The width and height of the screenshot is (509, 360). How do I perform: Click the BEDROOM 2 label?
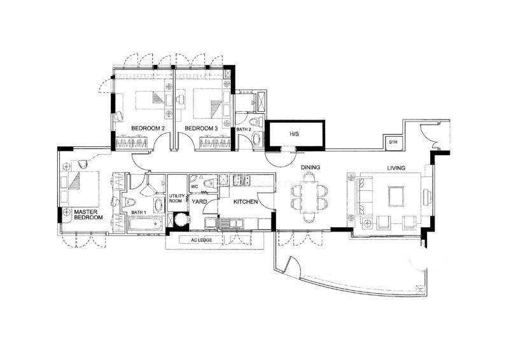point(148,128)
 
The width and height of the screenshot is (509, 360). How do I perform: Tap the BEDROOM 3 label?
point(201,128)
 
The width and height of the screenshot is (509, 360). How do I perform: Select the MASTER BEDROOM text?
point(88,214)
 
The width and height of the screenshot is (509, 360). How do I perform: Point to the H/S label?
point(294,134)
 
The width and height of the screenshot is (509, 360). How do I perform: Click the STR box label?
point(393,142)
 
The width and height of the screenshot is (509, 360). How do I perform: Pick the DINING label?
point(310,167)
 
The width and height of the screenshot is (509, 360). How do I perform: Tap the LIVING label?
point(396,168)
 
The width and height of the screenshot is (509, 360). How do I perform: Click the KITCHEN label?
point(246,202)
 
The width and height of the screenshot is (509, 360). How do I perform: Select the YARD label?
point(199,202)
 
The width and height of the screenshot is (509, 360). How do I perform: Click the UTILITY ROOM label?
point(177,198)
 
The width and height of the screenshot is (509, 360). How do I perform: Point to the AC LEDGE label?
point(202,240)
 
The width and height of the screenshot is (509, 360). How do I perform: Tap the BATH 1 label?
point(139,212)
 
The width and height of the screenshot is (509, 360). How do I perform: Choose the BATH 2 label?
point(244,130)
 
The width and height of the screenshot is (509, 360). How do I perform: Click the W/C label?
point(195,186)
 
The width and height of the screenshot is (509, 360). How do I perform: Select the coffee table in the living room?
point(396,196)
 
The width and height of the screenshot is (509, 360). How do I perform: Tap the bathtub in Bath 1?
point(145,225)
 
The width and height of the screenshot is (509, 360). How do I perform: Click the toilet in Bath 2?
point(256,121)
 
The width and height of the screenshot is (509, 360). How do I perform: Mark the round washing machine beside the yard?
point(181,219)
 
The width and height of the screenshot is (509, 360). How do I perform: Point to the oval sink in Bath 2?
point(257,139)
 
